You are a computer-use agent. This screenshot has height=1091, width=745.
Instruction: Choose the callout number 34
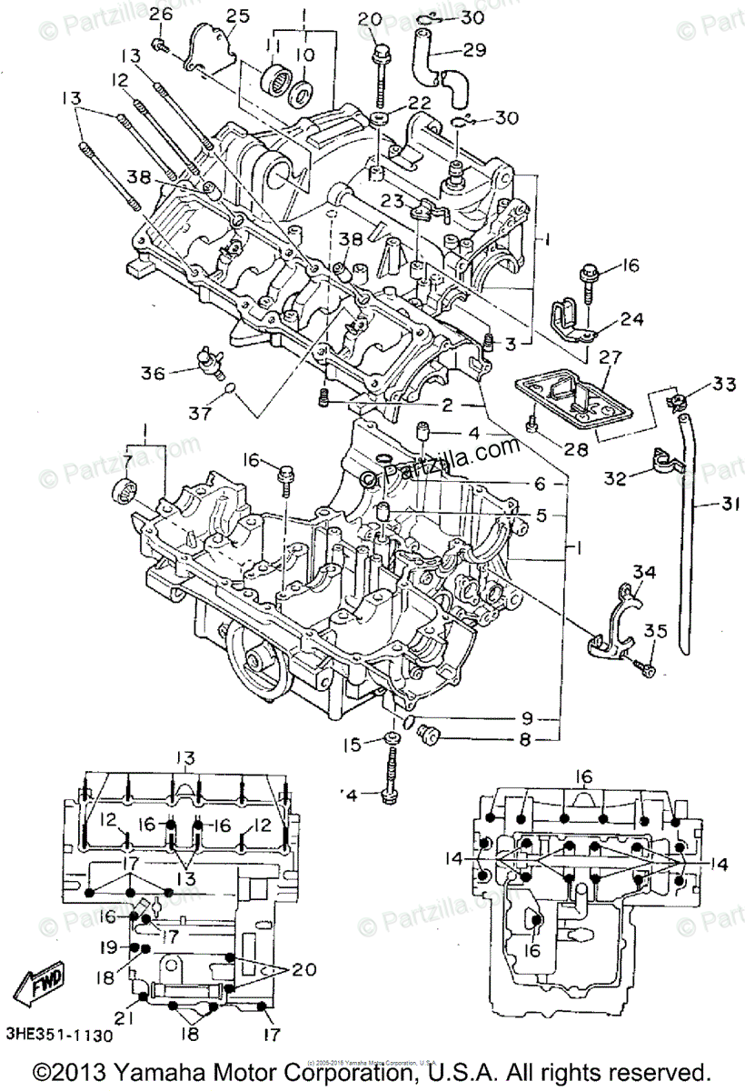tap(643, 572)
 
